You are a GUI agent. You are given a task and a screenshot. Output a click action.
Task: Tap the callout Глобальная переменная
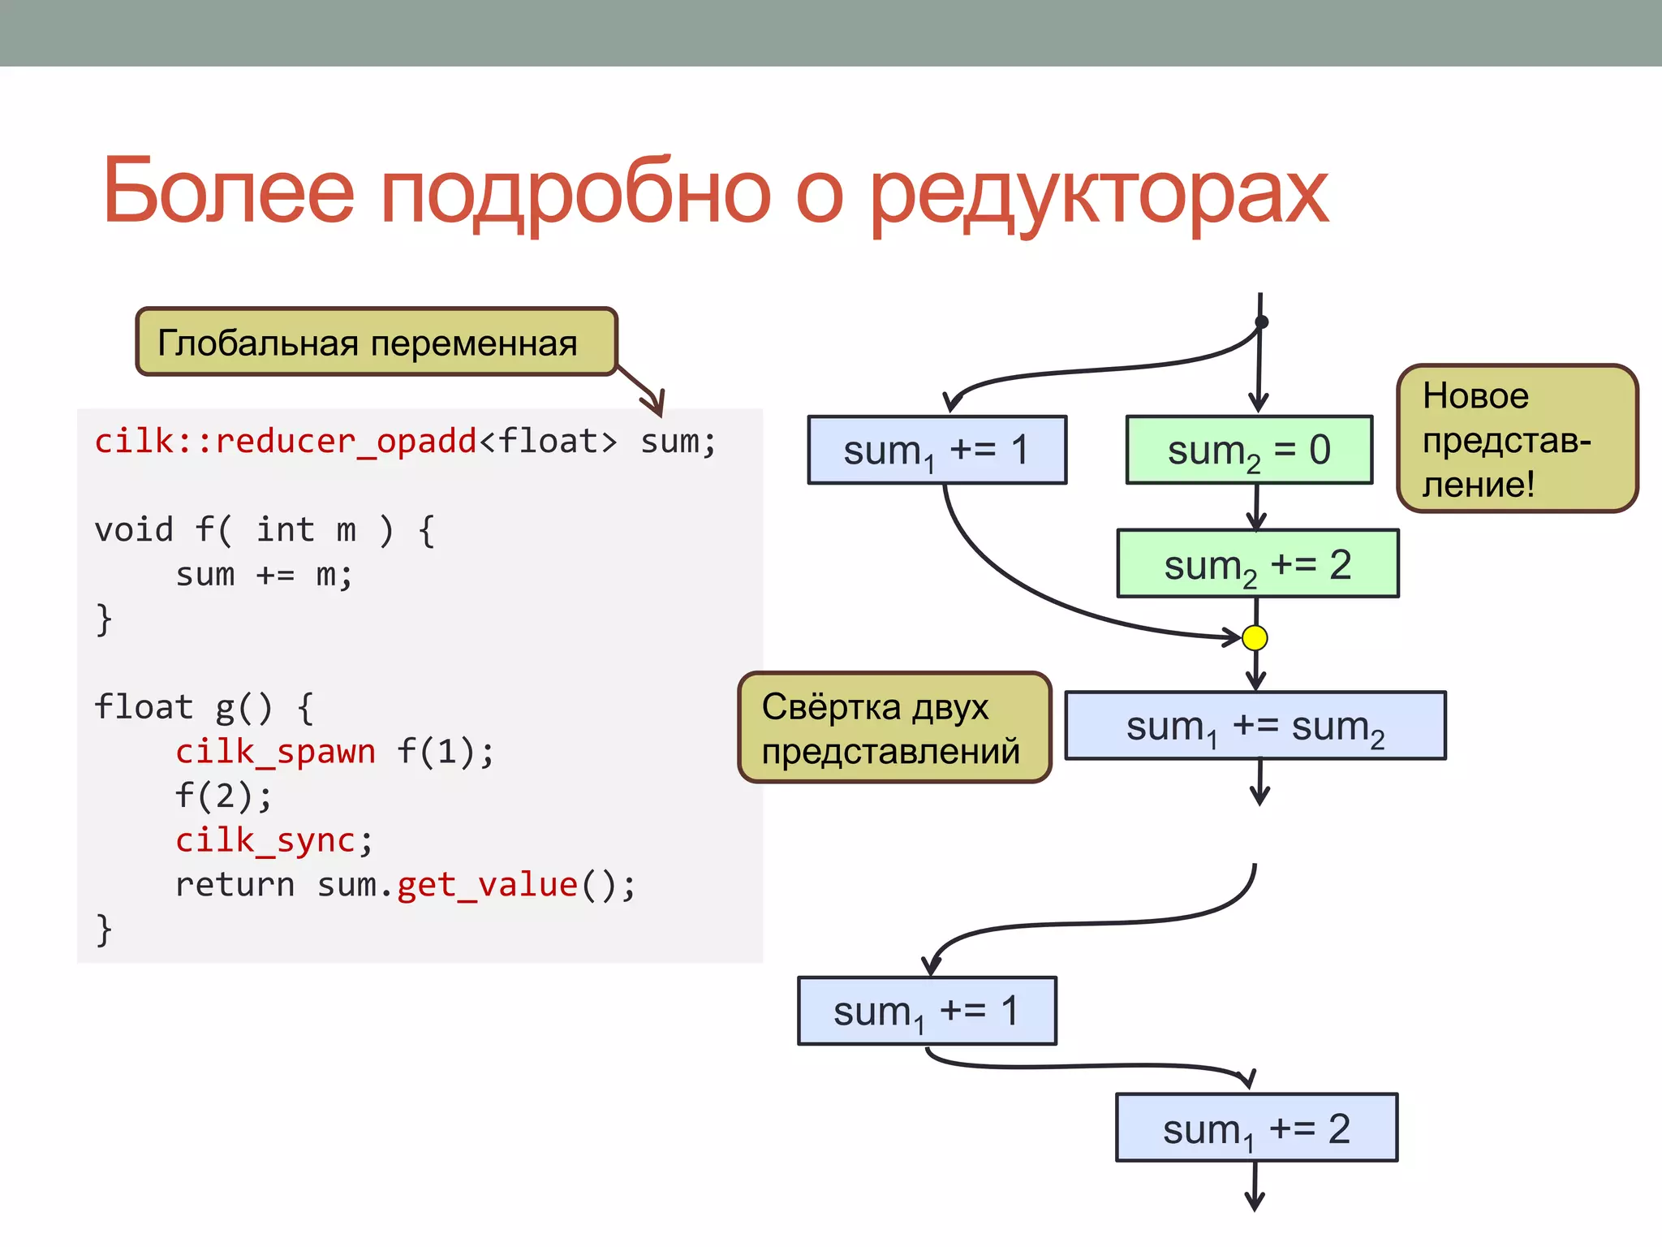[x=376, y=342]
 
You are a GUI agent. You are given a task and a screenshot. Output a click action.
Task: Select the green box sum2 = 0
[x=1248, y=450]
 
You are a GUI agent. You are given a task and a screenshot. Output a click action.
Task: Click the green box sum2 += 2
[x=1257, y=564]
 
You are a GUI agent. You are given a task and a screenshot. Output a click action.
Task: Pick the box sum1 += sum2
[x=1255, y=726]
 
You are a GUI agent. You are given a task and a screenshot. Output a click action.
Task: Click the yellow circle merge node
[x=1255, y=638]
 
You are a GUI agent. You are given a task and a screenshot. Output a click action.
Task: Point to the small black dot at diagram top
[x=1261, y=322]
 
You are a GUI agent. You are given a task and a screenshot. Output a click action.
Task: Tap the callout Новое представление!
[x=1517, y=438]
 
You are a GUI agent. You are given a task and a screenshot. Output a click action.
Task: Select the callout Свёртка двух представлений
[x=894, y=727]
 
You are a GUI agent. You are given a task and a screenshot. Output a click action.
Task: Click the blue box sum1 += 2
[x=1256, y=1128]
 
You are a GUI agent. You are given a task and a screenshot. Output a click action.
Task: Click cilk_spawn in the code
[x=275, y=751]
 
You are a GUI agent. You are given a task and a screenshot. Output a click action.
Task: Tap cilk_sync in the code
[x=265, y=839]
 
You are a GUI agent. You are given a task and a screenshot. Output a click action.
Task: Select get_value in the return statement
[x=487, y=884]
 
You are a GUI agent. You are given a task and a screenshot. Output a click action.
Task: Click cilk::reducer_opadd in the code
[x=286, y=441]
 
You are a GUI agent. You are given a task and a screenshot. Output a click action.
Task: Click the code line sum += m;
[x=264, y=574]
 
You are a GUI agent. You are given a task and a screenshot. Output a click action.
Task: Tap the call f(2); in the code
[x=223, y=796]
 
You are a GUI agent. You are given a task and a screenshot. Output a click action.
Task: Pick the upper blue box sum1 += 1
[x=936, y=450]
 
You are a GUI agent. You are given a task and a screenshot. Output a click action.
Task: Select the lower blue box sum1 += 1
[x=927, y=1011]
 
